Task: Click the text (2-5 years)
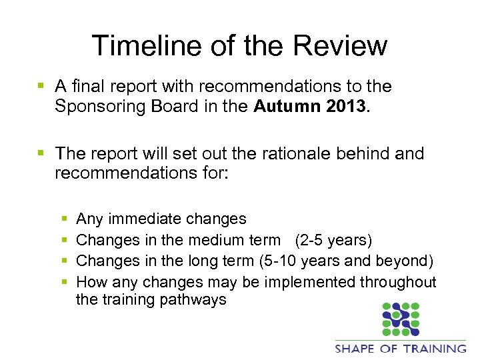tap(333, 240)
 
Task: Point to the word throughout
tap(399, 283)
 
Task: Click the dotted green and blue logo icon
tap(400, 319)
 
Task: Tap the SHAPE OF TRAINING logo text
tap(400, 348)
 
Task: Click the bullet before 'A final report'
tap(41, 87)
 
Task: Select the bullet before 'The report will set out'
tap(41, 154)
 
